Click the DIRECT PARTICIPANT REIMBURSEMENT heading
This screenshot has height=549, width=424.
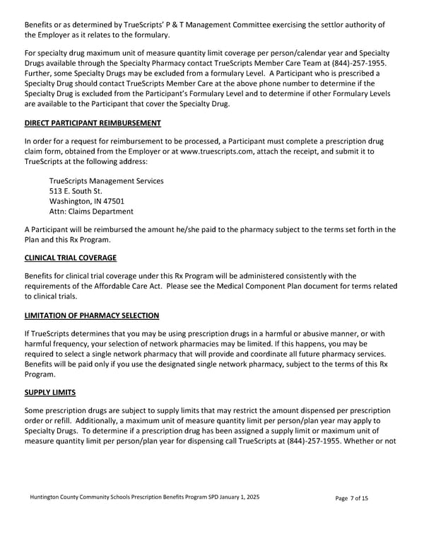tap(93, 123)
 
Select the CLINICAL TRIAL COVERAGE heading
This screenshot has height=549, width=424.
tap(70, 258)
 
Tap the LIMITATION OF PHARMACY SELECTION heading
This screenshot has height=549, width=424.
tap(91, 315)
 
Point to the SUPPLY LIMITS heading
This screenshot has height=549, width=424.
tap(49, 391)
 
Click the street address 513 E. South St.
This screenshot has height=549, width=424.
tap(76, 191)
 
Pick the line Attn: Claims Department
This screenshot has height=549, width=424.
tap(91, 211)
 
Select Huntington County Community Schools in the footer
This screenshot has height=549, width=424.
tap(85, 497)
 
